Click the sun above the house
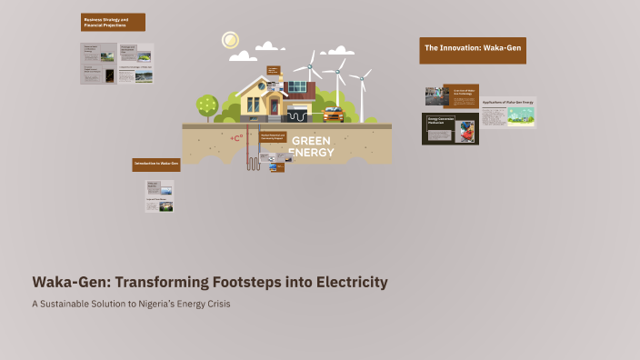coord(230,40)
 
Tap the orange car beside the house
coord(333,115)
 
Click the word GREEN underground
coord(312,141)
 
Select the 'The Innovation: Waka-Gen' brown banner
coord(473,50)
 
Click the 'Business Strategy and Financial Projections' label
coord(112,22)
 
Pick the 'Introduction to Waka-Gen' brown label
coord(156,164)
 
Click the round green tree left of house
coord(207,105)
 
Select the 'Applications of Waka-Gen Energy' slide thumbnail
coord(508,112)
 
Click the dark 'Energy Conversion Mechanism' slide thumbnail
coord(450,129)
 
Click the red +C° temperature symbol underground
coord(236,138)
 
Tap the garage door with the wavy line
coord(298,115)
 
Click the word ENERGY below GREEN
coord(312,152)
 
